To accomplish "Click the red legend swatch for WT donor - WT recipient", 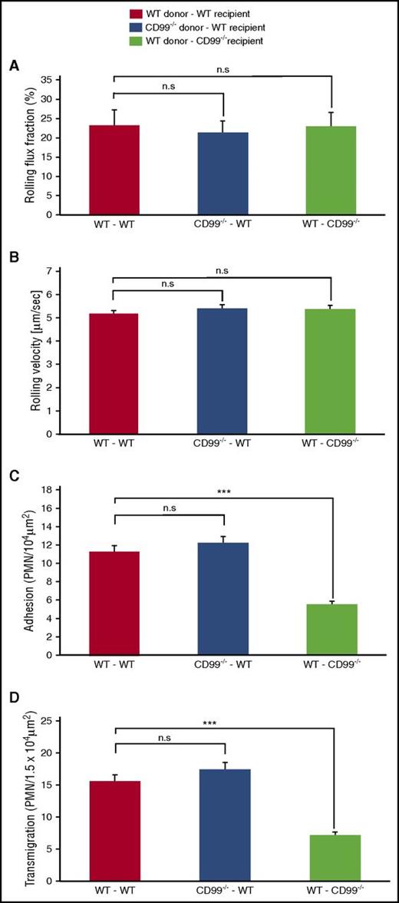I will [x=136, y=13].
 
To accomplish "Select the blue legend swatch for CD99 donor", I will [x=136, y=26].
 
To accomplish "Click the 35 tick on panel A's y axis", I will [x=66, y=79].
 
